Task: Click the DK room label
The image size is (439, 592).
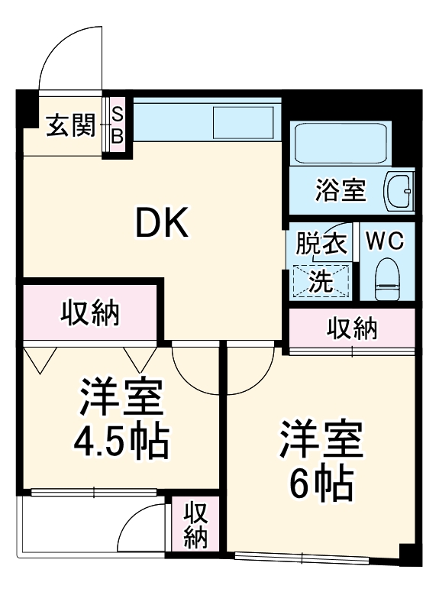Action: tap(161, 223)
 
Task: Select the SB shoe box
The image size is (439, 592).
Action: tap(118, 125)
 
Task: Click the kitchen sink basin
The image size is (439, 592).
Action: tap(242, 123)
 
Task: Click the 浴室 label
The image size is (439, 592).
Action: tap(340, 189)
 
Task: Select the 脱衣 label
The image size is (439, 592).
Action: tap(321, 244)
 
